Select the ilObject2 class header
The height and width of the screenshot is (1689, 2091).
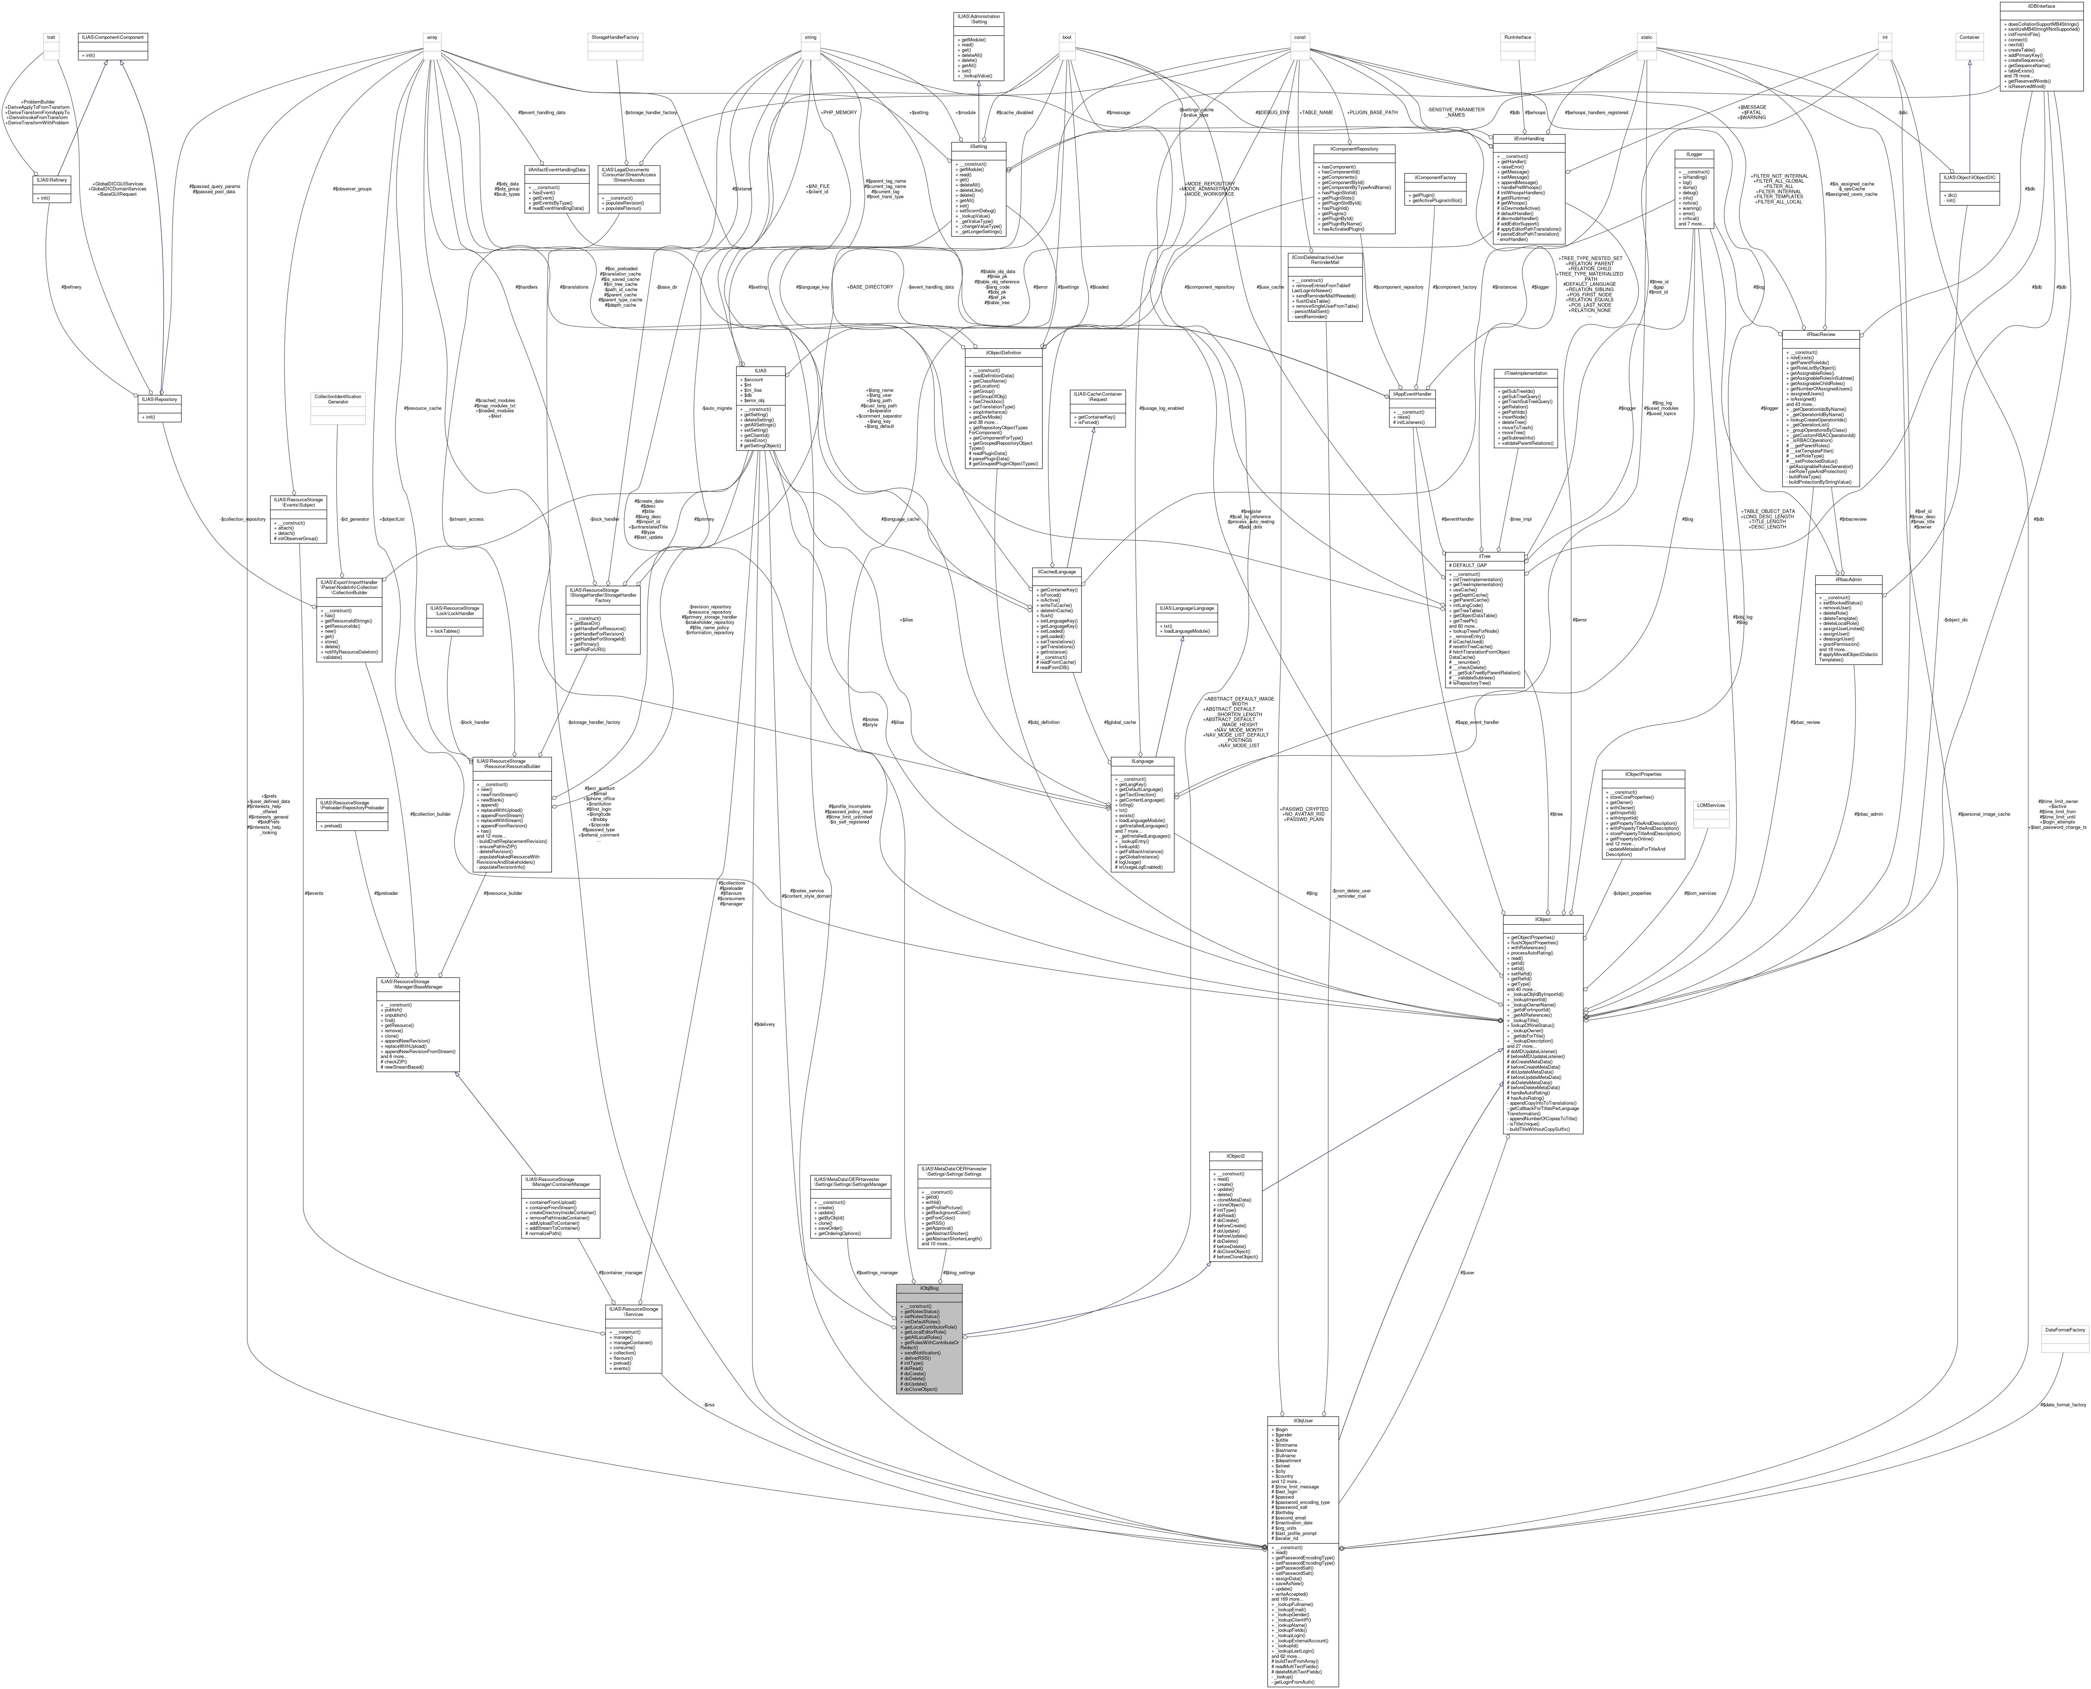pos(1235,1156)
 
